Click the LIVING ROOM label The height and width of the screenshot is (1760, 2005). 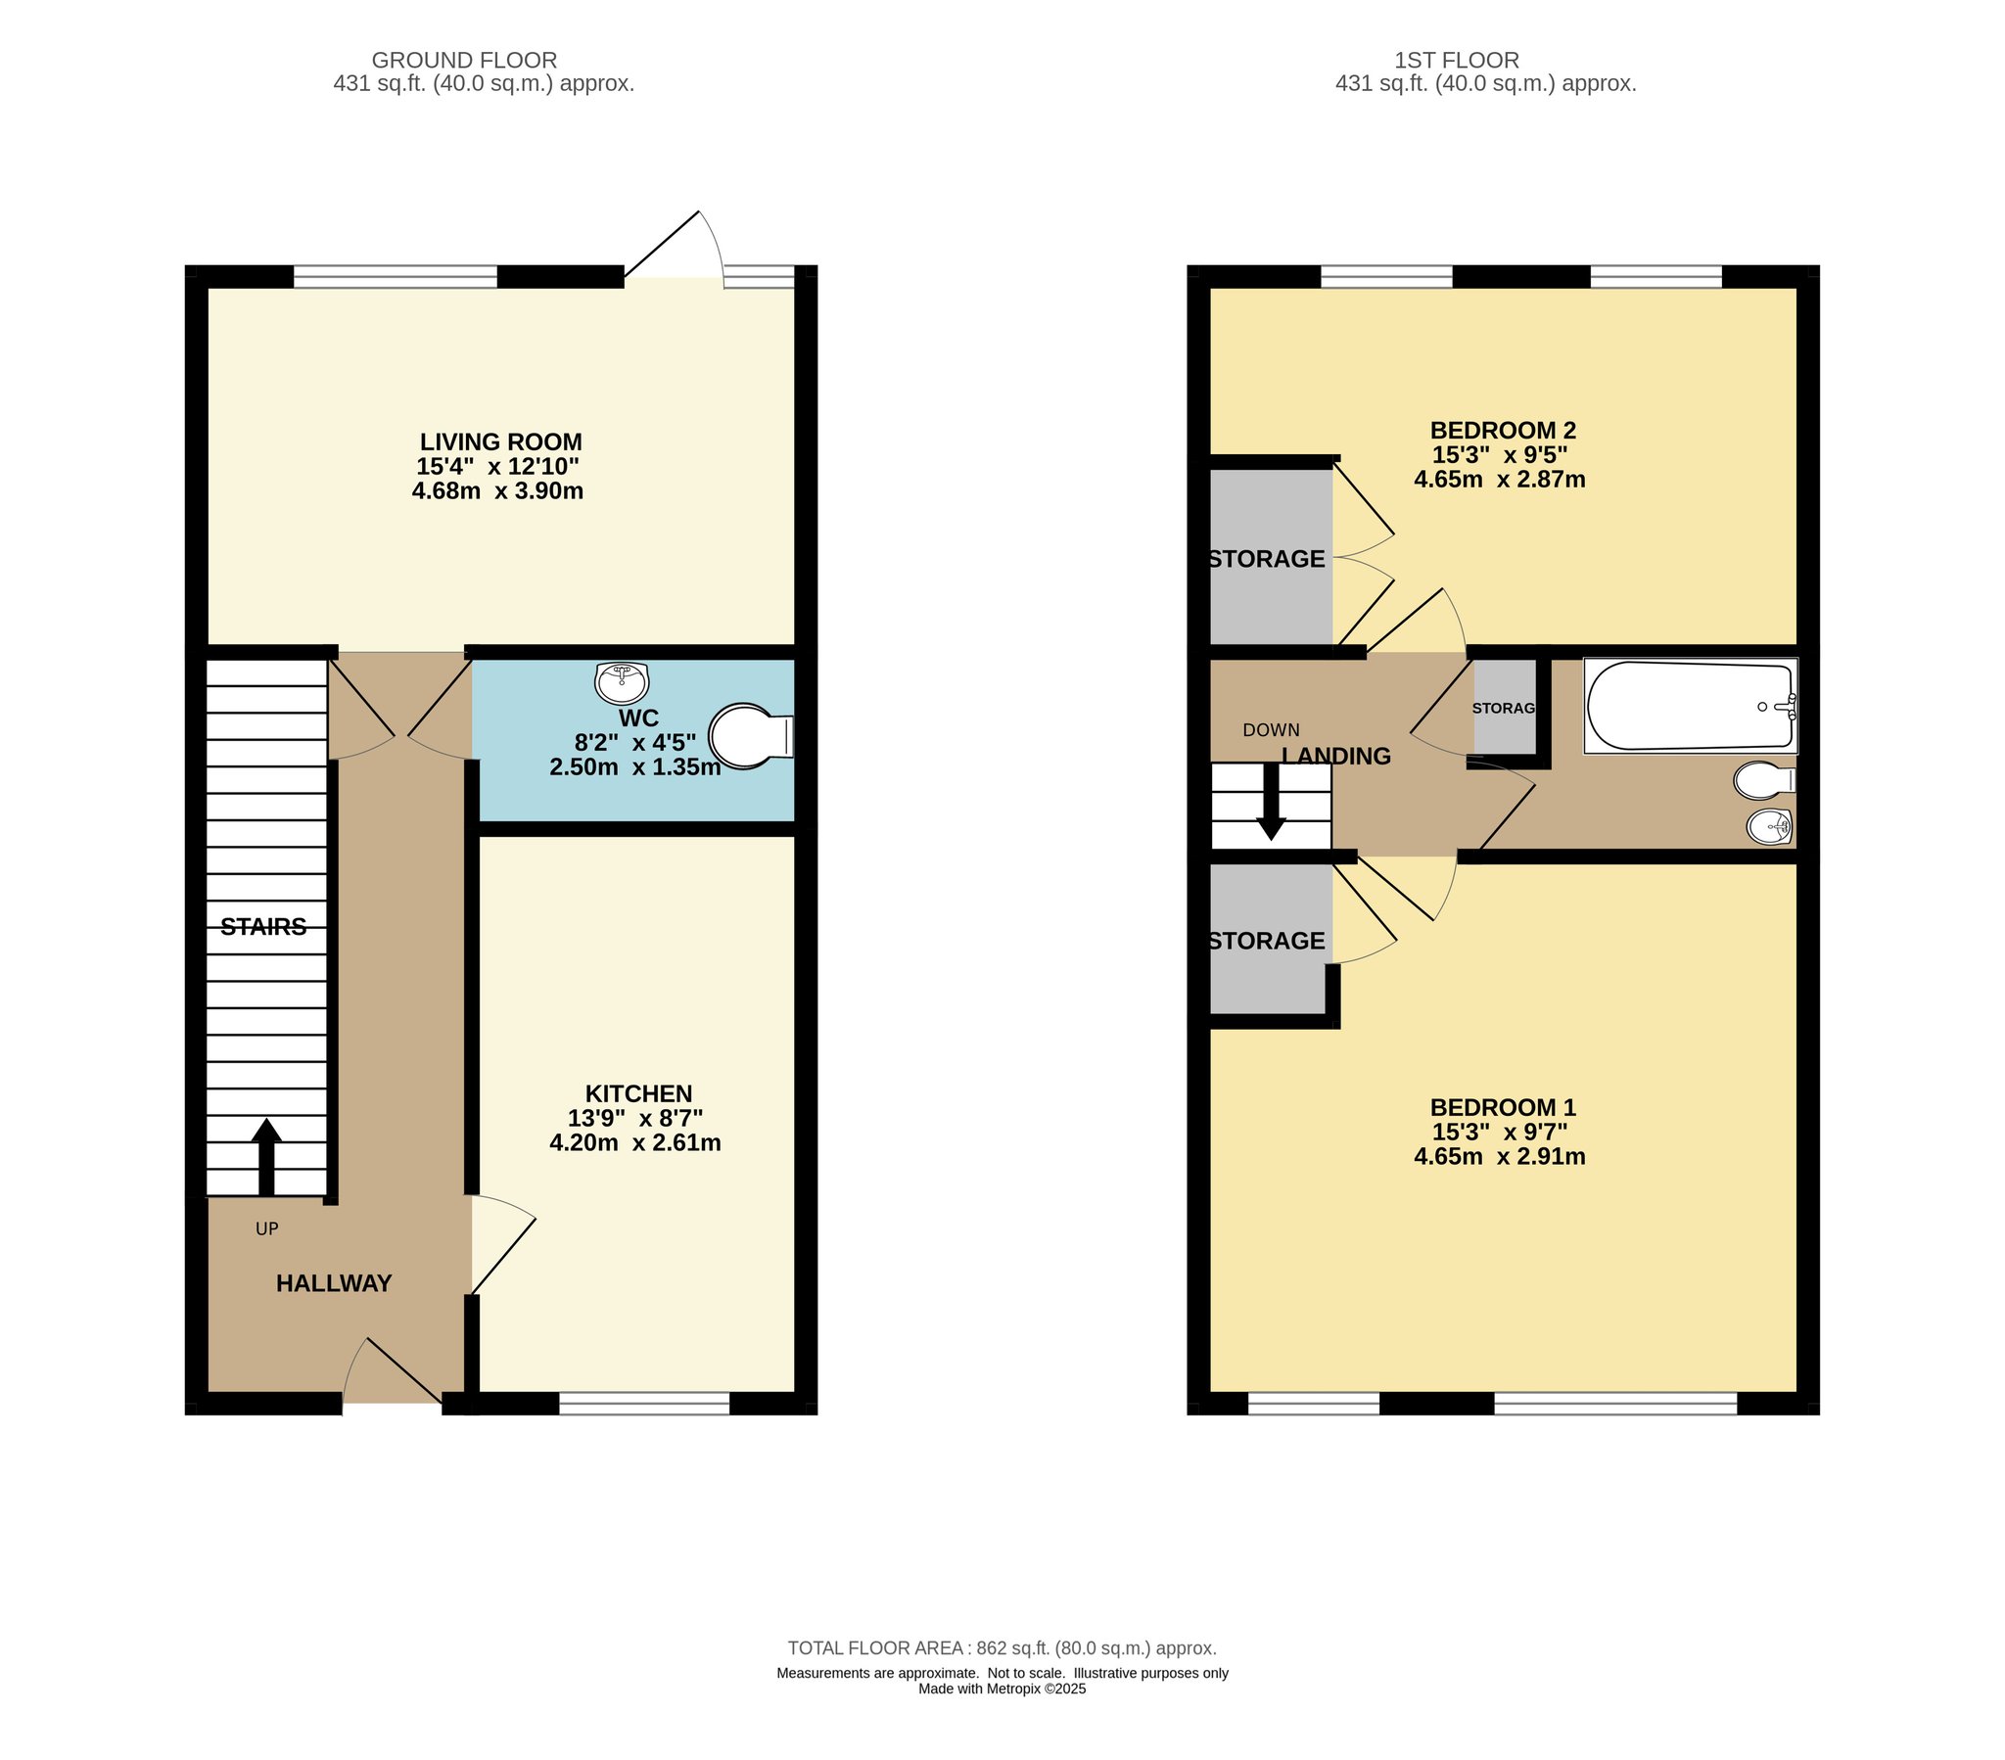click(500, 441)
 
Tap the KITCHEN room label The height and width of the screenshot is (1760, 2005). click(638, 1092)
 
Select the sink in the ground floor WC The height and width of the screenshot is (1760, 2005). click(622, 683)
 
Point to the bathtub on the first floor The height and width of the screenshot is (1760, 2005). click(1691, 707)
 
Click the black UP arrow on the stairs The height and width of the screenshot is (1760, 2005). click(266, 1158)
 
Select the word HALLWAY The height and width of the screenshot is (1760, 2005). click(334, 1283)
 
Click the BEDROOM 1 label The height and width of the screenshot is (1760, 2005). click(1503, 1108)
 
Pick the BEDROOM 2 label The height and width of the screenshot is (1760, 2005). click(1503, 430)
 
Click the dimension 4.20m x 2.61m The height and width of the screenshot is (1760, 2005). click(634, 1143)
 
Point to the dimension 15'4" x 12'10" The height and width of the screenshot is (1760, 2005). click(497, 466)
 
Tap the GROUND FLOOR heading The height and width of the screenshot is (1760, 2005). click(464, 60)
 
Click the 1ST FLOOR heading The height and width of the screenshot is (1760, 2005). click(1457, 60)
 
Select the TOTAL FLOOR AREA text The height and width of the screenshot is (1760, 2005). click(1002, 1648)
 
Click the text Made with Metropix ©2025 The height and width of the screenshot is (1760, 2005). click(1002, 1690)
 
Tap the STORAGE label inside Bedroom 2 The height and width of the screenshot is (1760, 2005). click(1267, 559)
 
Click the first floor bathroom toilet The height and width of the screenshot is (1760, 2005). click(1765, 780)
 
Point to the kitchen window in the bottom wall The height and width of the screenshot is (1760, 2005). click(644, 1403)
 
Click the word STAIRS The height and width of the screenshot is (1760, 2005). click(263, 927)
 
